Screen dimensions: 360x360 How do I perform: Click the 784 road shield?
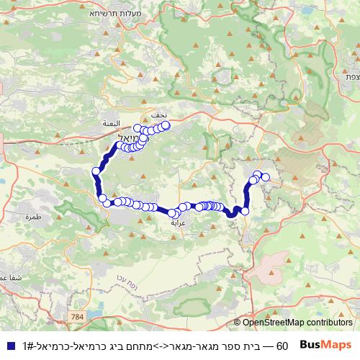77,315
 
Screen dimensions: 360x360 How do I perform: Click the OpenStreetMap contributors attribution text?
297,323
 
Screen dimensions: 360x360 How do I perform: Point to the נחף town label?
159,115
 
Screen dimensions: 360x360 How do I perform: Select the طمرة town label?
32,216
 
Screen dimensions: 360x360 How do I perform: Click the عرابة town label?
178,223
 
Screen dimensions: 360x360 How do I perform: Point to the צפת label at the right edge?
351,77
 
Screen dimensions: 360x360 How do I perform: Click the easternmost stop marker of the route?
265,177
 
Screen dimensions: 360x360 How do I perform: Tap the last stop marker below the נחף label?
166,125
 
